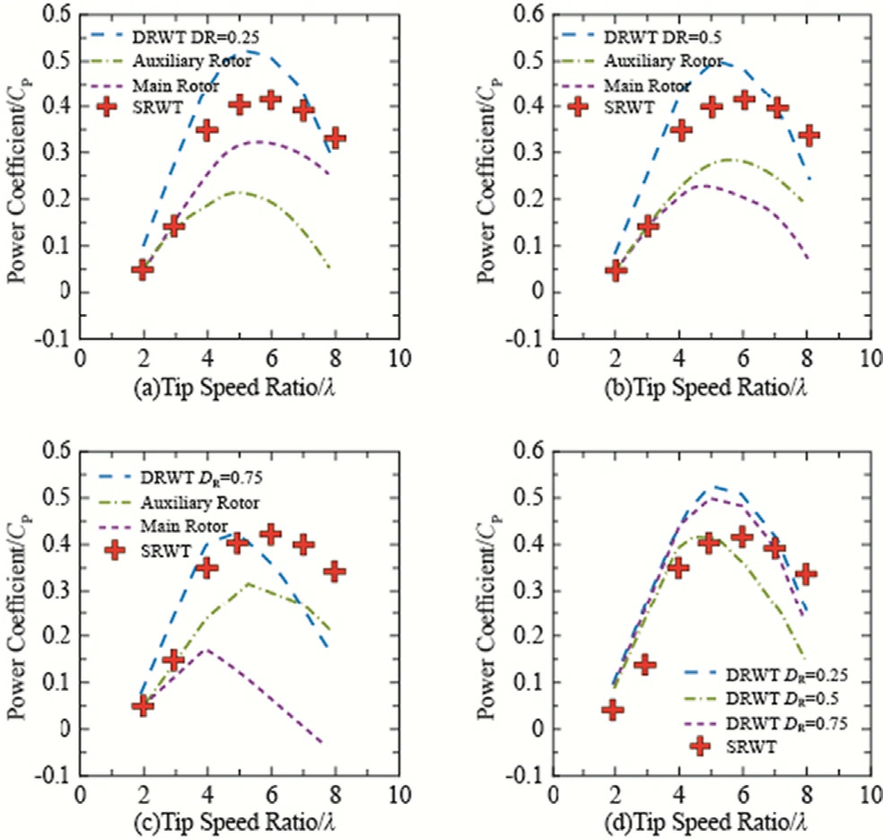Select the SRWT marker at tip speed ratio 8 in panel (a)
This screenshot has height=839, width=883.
coord(336,138)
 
